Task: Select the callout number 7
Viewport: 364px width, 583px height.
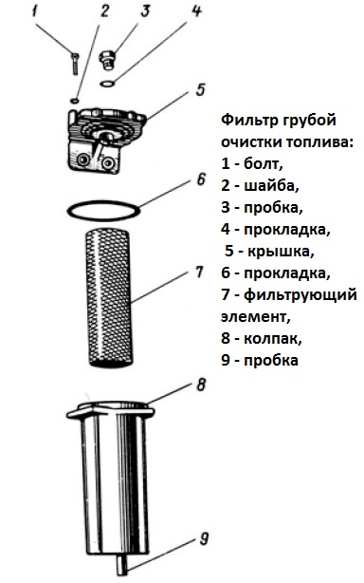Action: tap(199, 273)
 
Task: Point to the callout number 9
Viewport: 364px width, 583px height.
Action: tap(204, 542)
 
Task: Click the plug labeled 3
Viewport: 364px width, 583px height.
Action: tap(108, 63)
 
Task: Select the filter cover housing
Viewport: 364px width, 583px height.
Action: tap(98, 140)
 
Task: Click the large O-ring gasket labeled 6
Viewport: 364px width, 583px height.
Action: tap(105, 206)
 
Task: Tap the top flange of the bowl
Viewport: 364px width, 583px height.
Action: tap(112, 408)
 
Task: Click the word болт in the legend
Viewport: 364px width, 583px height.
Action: tap(263, 164)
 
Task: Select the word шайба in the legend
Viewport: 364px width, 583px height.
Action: tap(270, 185)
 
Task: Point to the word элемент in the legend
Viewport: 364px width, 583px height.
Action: tap(252, 316)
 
